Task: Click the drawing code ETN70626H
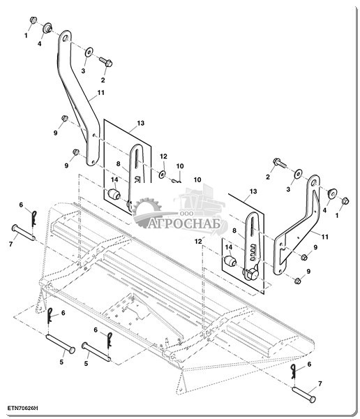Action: [22, 409]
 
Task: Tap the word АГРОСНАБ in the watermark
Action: [184, 223]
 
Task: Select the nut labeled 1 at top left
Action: [33, 20]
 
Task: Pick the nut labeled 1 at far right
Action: [345, 201]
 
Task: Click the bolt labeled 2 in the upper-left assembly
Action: [106, 61]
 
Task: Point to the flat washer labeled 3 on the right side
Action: [298, 174]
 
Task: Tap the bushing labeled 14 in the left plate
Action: [114, 194]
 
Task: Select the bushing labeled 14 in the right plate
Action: [230, 261]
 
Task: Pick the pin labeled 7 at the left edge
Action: [24, 233]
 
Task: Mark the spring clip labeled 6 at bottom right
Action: [294, 372]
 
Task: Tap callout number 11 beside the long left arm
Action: [100, 93]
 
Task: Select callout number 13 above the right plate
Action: [253, 191]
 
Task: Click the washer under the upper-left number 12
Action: [162, 175]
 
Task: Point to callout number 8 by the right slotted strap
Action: [234, 230]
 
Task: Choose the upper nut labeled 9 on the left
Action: [65, 118]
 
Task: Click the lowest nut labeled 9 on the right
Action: [298, 281]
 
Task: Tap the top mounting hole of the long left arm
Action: [65, 38]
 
